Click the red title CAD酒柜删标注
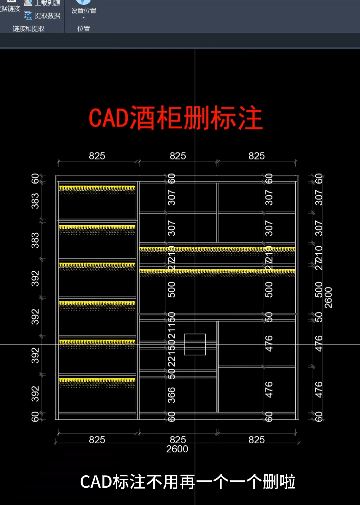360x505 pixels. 176,118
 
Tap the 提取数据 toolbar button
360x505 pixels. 43,16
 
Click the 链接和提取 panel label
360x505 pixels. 28,29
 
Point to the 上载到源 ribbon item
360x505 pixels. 43,3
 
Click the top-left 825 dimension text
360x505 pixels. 97,156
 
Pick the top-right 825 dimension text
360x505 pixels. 256,156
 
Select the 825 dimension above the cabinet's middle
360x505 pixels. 178,156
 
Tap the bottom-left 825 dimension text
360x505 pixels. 97,440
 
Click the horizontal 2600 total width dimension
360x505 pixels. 177,449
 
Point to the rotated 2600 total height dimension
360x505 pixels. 328,297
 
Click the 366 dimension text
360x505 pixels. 171,395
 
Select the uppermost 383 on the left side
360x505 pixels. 35,201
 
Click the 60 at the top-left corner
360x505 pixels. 35,179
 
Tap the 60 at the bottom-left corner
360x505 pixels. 35,416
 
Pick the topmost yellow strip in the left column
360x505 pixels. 97,188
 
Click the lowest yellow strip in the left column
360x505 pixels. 97,380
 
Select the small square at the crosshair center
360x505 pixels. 195,344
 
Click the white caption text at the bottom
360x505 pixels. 188,482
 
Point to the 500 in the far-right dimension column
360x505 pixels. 319,289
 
